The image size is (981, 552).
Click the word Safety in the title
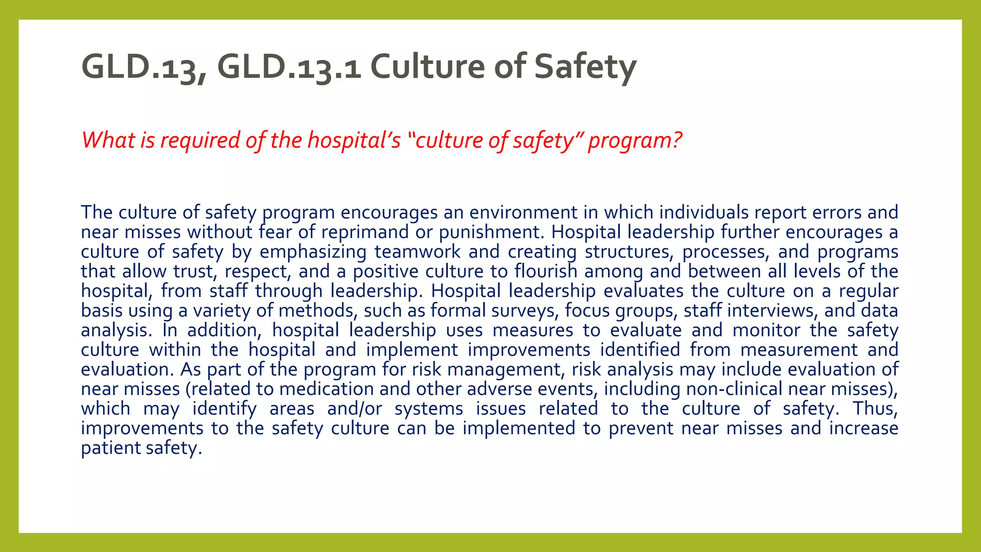tap(585, 67)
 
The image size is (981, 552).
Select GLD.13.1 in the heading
tap(289, 67)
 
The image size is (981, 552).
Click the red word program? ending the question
tap(635, 140)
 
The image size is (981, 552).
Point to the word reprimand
tap(365, 232)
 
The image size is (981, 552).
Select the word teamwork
tap(417, 252)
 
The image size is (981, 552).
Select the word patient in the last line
tap(111, 448)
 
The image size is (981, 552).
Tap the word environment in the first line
tap(523, 213)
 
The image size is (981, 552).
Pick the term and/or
tap(354, 409)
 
